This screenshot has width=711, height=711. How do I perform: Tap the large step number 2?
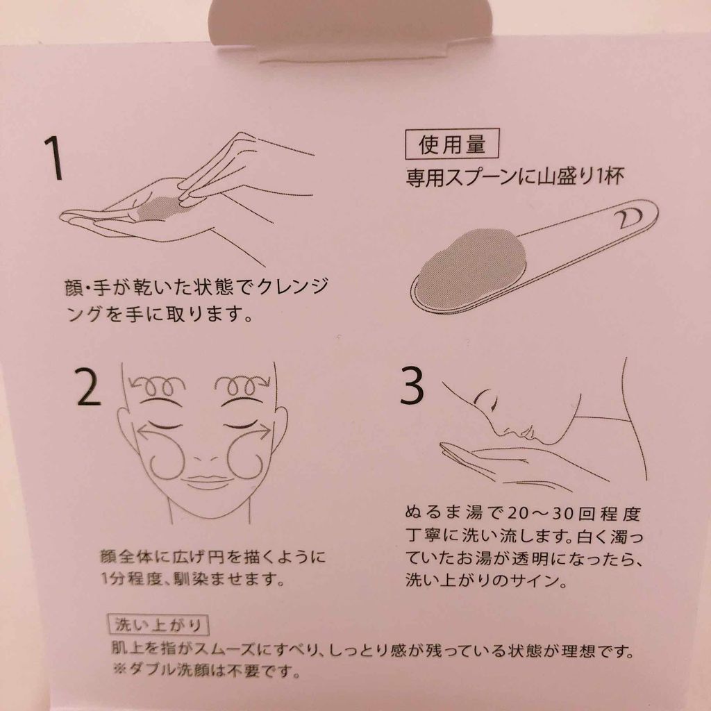click(x=88, y=385)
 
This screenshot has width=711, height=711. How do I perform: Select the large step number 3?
click(x=412, y=385)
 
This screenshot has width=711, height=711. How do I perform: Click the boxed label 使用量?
click(x=451, y=144)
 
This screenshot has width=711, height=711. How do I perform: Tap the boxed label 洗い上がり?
click(x=158, y=626)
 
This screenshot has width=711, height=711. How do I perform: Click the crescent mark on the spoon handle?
click(x=628, y=217)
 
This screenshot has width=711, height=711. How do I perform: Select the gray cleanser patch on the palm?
click(x=162, y=208)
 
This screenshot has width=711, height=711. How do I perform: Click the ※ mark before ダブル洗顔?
click(x=119, y=669)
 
